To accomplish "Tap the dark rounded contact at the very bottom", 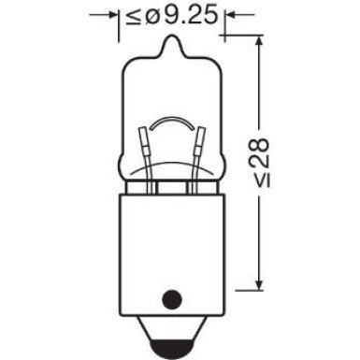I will (x=173, y=351).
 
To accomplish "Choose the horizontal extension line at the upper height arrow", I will (x=245, y=36).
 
